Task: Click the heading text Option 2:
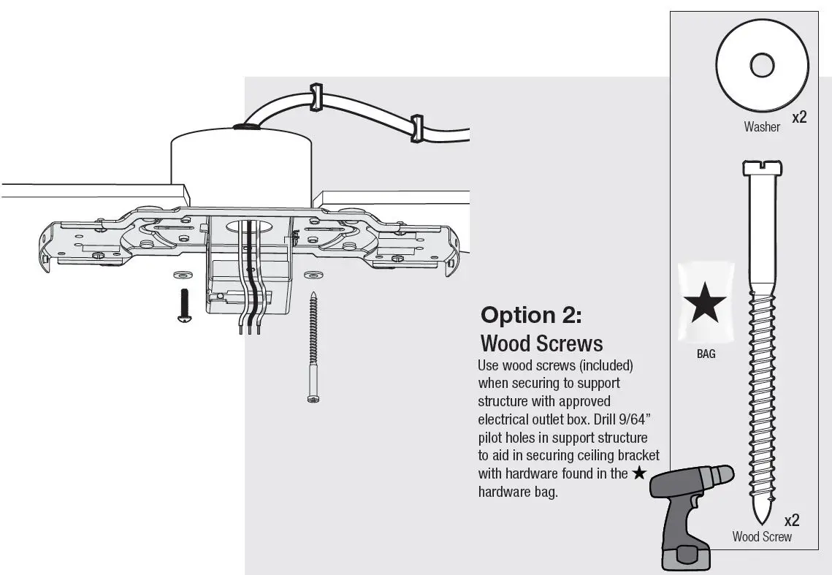click(x=531, y=315)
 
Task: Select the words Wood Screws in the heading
click(x=541, y=343)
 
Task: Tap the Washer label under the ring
click(x=762, y=127)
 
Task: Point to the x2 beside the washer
click(x=799, y=117)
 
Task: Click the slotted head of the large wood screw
click(x=762, y=167)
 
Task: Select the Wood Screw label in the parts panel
click(x=762, y=537)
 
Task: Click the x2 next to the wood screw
click(x=792, y=520)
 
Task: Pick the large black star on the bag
click(x=704, y=304)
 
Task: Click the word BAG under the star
click(x=706, y=354)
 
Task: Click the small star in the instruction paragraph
click(x=639, y=473)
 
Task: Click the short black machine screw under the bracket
click(x=183, y=305)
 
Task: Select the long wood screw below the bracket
click(x=313, y=347)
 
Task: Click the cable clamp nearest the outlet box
click(x=316, y=98)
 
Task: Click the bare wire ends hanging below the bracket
click(x=249, y=329)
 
